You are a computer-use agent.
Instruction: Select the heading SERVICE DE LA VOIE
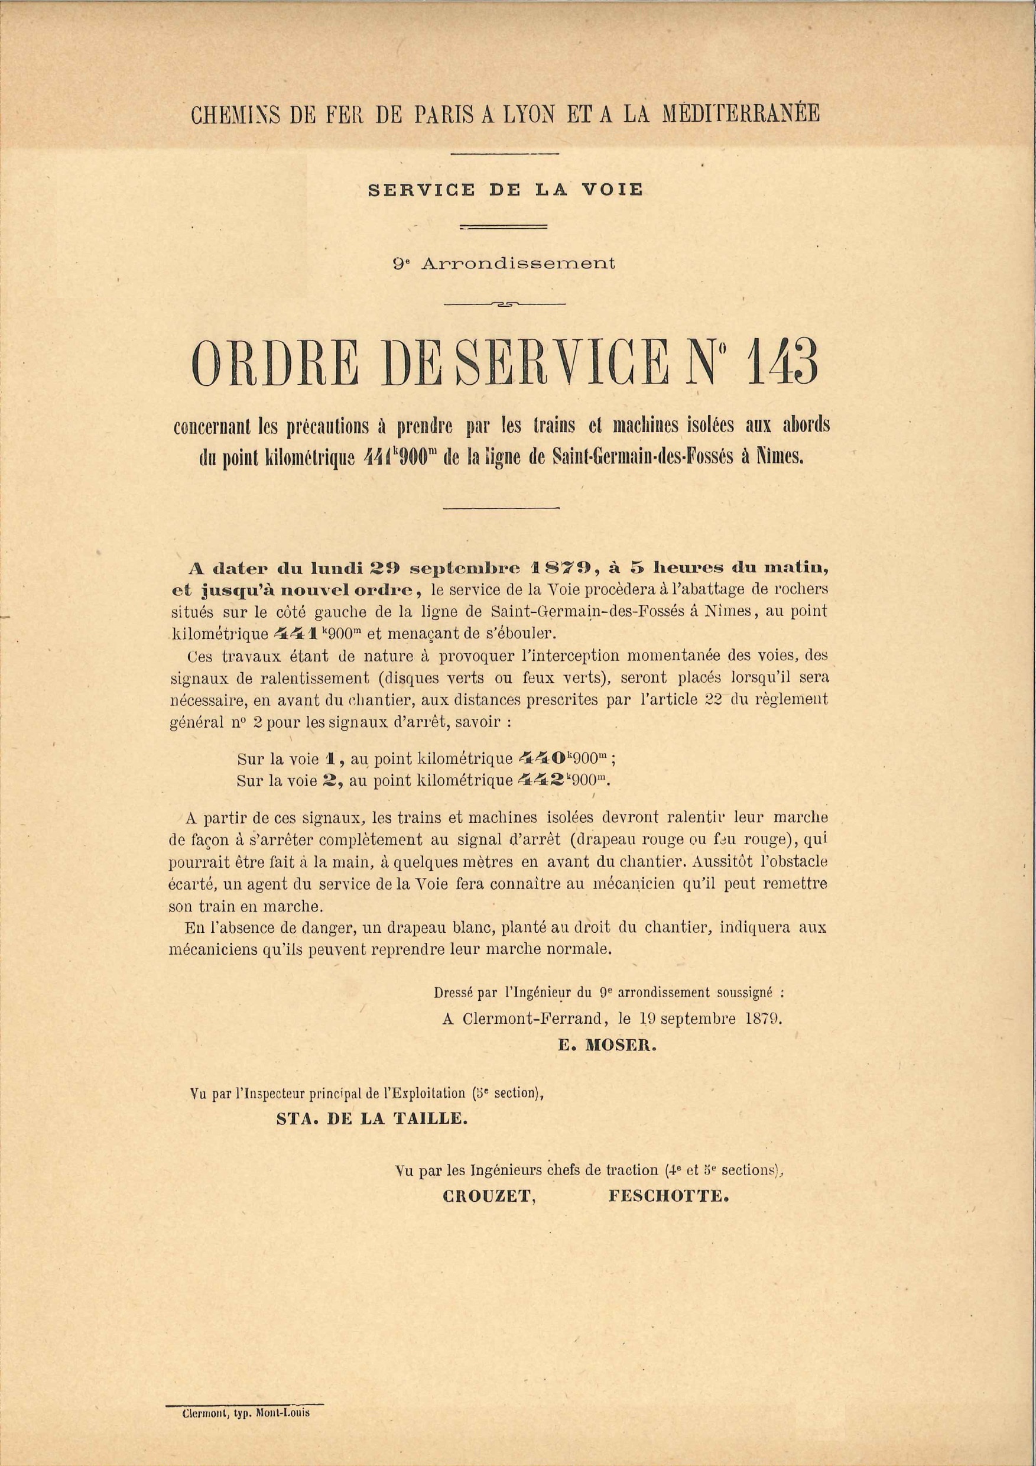pos(505,190)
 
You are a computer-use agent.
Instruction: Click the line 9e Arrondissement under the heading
pos(504,263)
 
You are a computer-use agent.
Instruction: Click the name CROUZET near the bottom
pos(488,1196)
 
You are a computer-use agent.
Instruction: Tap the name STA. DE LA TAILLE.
pos(372,1118)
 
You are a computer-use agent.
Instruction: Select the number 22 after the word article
pos(715,699)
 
